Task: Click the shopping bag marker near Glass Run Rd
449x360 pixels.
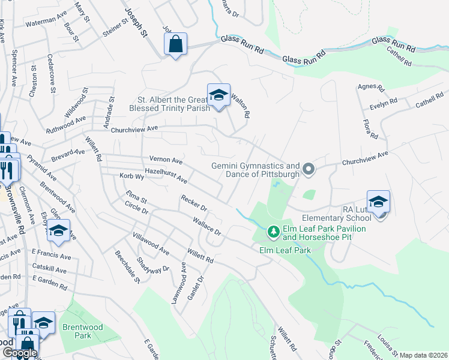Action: (175, 44)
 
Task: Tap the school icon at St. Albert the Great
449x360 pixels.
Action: (218, 95)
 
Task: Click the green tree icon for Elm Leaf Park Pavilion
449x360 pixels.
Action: (273, 231)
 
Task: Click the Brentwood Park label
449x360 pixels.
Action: (76, 331)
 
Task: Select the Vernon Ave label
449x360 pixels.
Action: (166, 161)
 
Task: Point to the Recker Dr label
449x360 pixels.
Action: (194, 203)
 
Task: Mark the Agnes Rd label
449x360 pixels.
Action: (370, 88)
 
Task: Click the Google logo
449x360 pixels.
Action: (20, 353)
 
